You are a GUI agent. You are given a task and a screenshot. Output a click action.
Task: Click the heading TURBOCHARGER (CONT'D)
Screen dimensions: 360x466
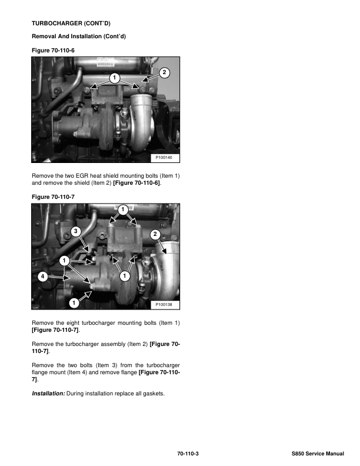(71, 23)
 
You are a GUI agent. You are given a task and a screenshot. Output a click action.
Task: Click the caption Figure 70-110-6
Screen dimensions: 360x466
(53, 51)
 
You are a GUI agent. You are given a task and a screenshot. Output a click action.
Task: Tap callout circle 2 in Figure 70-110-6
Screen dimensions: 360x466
(164, 72)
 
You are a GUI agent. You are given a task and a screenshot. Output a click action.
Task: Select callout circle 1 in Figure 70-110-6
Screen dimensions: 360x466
(114, 78)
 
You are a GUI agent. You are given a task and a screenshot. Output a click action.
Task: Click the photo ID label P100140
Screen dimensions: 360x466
(164, 158)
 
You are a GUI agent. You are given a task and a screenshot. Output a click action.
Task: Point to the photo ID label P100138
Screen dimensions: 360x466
(164, 305)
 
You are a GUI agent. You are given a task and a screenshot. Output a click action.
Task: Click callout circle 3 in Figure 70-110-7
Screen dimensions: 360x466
(76, 231)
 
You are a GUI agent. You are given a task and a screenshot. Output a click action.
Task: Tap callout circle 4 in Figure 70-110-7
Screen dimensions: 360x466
(42, 277)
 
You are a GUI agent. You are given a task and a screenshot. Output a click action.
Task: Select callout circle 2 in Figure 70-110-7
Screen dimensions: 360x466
(155, 234)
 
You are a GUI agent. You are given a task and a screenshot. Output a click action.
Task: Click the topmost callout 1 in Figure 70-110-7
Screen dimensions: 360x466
(123, 210)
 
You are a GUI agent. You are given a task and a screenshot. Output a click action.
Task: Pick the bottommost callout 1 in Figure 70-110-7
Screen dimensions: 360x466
(74, 303)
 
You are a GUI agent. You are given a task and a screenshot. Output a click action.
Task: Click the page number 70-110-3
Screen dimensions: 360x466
(188, 454)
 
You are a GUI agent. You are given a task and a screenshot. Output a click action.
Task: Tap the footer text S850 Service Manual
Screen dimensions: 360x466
(318, 454)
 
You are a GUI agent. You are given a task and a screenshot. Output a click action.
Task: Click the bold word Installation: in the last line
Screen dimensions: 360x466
(48, 394)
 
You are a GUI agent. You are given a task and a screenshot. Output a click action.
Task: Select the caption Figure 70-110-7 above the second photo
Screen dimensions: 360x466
(53, 197)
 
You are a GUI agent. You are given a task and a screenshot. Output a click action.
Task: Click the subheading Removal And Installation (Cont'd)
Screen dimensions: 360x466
(79, 36)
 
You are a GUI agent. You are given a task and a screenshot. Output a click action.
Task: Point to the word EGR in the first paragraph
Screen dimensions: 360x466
(82, 176)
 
